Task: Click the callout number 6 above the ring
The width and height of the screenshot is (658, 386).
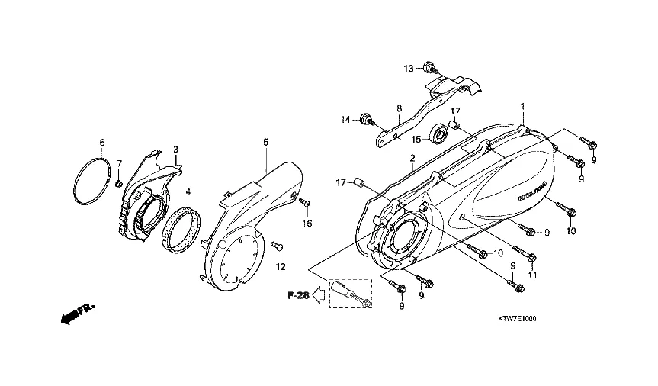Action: [102, 143]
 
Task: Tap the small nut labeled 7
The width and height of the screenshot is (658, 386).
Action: [119, 184]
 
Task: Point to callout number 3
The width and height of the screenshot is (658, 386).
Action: [175, 149]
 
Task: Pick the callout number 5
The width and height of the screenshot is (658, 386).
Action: [266, 143]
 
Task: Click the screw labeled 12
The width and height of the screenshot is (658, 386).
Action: [278, 246]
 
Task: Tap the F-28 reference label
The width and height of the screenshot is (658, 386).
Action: [298, 296]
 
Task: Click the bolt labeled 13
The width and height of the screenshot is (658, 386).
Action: [432, 70]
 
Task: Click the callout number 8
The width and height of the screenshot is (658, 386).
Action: [399, 109]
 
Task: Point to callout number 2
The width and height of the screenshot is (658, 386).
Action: [412, 159]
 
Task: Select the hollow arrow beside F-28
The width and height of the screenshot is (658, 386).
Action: [322, 295]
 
